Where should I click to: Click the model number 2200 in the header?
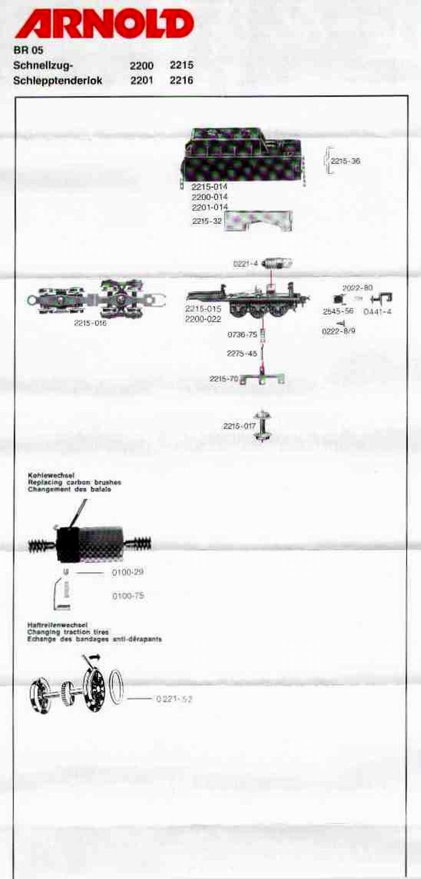(142, 66)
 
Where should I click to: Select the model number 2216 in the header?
(182, 81)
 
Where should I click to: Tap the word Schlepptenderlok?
(58, 81)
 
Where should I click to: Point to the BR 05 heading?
(28, 51)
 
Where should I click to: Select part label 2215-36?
(345, 161)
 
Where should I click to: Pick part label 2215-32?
(207, 222)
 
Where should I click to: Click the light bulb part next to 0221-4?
(277, 264)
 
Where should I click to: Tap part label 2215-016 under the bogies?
(90, 323)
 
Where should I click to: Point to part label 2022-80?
(357, 288)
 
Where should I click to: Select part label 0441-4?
(377, 312)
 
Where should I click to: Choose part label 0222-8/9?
(338, 331)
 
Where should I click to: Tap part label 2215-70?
(224, 379)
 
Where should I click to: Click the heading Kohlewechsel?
(51, 475)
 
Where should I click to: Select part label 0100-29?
(128, 572)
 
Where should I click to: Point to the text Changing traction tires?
(68, 632)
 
